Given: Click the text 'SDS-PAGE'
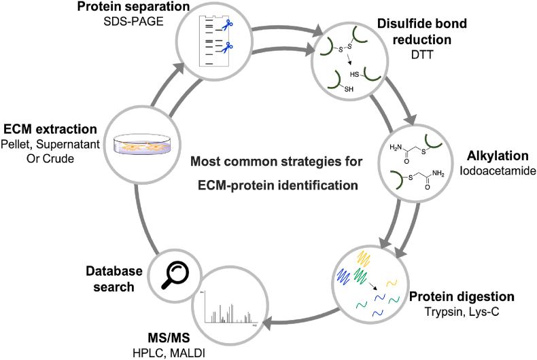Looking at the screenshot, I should coord(133,22).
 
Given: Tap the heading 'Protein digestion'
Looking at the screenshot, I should coord(462,297).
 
